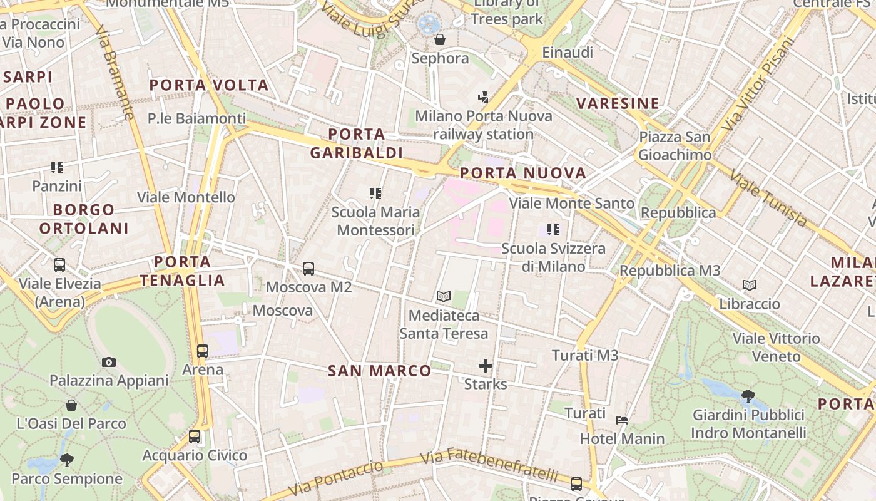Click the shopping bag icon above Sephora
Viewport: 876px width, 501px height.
tap(440, 39)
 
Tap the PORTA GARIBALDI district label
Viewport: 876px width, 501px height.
tap(357, 143)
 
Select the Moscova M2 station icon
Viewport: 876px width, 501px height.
tap(308, 269)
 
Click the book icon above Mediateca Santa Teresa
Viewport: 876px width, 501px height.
tap(444, 296)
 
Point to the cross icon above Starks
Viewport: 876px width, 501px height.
tap(486, 366)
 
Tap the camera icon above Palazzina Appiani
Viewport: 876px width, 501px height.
tap(109, 362)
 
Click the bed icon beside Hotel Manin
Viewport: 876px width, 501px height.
tap(622, 420)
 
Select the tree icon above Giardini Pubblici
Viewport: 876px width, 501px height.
tap(748, 396)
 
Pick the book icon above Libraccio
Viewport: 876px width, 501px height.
tap(750, 286)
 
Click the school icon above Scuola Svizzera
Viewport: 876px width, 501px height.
tap(553, 230)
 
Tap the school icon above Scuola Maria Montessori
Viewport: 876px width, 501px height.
tap(375, 194)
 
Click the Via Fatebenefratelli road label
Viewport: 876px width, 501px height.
tap(489, 464)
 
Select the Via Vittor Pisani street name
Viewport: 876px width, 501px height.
tap(758, 84)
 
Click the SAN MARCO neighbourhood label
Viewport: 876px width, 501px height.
tap(380, 371)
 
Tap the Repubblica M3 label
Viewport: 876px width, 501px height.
tap(670, 271)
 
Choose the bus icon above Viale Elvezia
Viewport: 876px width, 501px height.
tap(59, 265)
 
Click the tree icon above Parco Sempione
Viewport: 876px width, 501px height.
tap(67, 461)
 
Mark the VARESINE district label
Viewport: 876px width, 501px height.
tap(618, 103)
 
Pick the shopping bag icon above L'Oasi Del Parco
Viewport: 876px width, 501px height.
tap(71, 405)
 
